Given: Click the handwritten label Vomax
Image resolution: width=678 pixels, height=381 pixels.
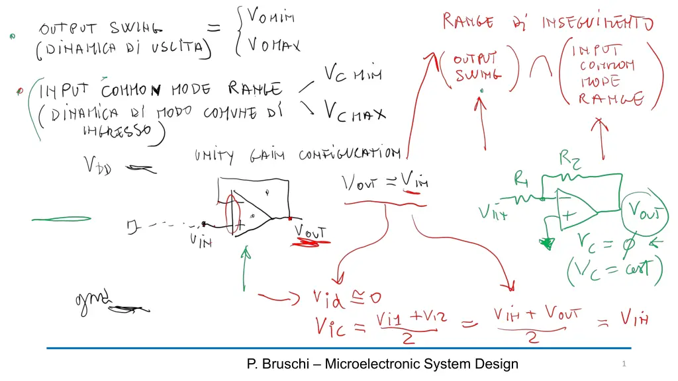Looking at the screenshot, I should (273, 45).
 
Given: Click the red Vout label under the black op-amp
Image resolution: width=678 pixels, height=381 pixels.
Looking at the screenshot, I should (311, 233).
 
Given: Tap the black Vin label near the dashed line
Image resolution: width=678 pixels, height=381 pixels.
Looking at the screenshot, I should (201, 241).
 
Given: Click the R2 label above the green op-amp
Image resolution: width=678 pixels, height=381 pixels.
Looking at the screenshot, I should (571, 159).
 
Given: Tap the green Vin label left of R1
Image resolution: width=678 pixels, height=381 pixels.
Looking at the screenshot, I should (493, 213).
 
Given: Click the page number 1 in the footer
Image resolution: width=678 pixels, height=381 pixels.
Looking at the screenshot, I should (624, 364).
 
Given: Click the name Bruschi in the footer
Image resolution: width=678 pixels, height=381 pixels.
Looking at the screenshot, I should (287, 364).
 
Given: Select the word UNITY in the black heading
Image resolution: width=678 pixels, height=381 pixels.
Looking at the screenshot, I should (214, 157).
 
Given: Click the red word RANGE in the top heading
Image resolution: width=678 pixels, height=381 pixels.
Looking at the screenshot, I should (468, 22).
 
